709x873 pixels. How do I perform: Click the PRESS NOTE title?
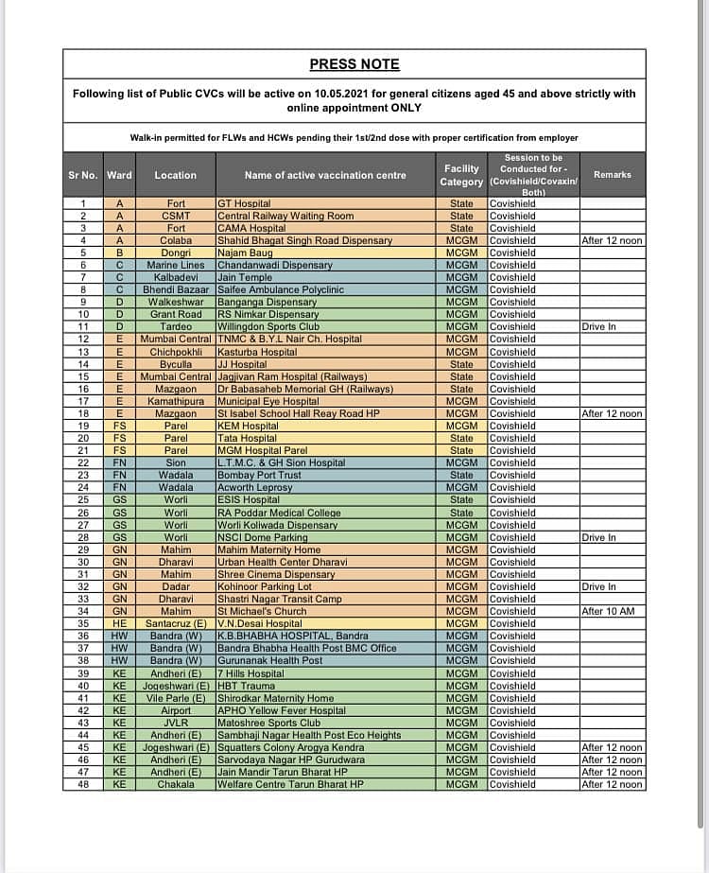tap(354, 64)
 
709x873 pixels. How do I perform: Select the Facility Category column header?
tap(461, 175)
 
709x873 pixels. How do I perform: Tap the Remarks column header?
tap(612, 174)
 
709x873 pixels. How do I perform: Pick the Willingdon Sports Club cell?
tap(268, 326)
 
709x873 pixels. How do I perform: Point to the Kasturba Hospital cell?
tap(256, 352)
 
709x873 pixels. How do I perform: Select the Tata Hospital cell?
tap(248, 438)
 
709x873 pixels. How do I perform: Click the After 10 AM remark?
tap(608, 611)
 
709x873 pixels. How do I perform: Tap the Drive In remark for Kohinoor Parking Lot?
tap(599, 586)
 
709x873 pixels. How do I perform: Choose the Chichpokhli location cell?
tap(176, 352)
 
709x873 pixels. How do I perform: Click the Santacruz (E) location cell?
tap(176, 623)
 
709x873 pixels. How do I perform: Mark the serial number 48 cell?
tap(83, 784)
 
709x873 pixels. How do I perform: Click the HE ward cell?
tap(119, 623)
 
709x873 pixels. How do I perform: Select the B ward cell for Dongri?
tap(119, 253)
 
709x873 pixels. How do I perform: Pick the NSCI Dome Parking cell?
tap(263, 537)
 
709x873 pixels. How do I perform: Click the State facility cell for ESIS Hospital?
tap(461, 499)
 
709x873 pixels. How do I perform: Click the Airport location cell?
tap(176, 710)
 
